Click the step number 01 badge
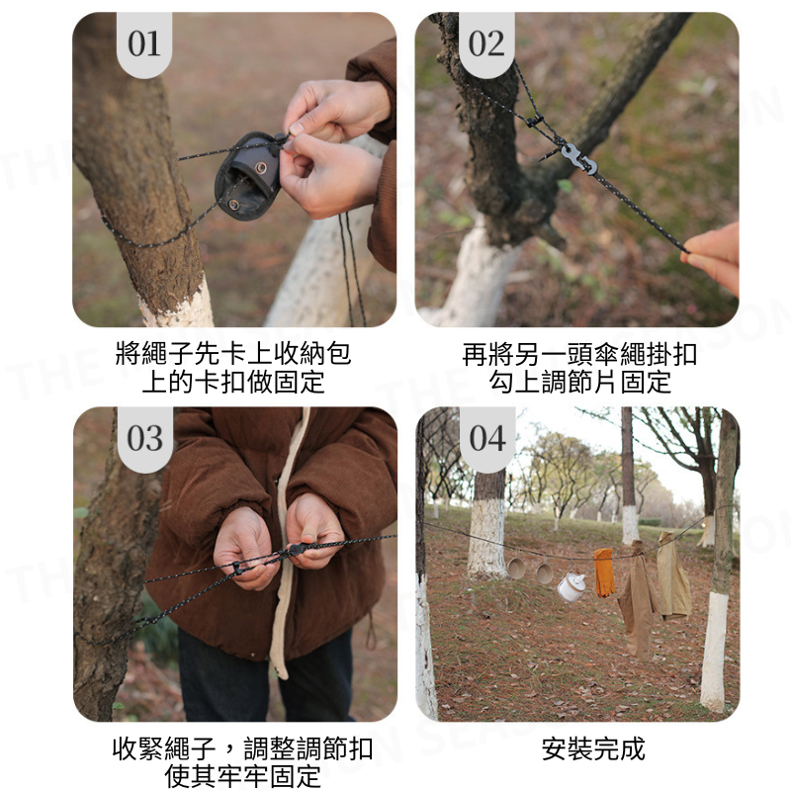click(144, 44)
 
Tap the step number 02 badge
click(486, 44)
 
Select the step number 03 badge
click(145, 439)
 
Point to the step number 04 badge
click(487, 439)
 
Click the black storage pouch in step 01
click(248, 175)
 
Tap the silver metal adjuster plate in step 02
click(578, 158)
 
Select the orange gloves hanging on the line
click(604, 572)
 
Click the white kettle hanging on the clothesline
click(571, 586)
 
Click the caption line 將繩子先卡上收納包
click(233, 353)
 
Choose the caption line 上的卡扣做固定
click(233, 382)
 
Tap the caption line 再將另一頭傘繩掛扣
click(579, 354)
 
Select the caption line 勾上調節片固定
click(580, 382)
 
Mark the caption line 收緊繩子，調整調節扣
click(243, 748)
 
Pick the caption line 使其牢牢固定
click(243, 777)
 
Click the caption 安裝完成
click(593, 748)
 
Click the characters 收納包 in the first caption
click(312, 353)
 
